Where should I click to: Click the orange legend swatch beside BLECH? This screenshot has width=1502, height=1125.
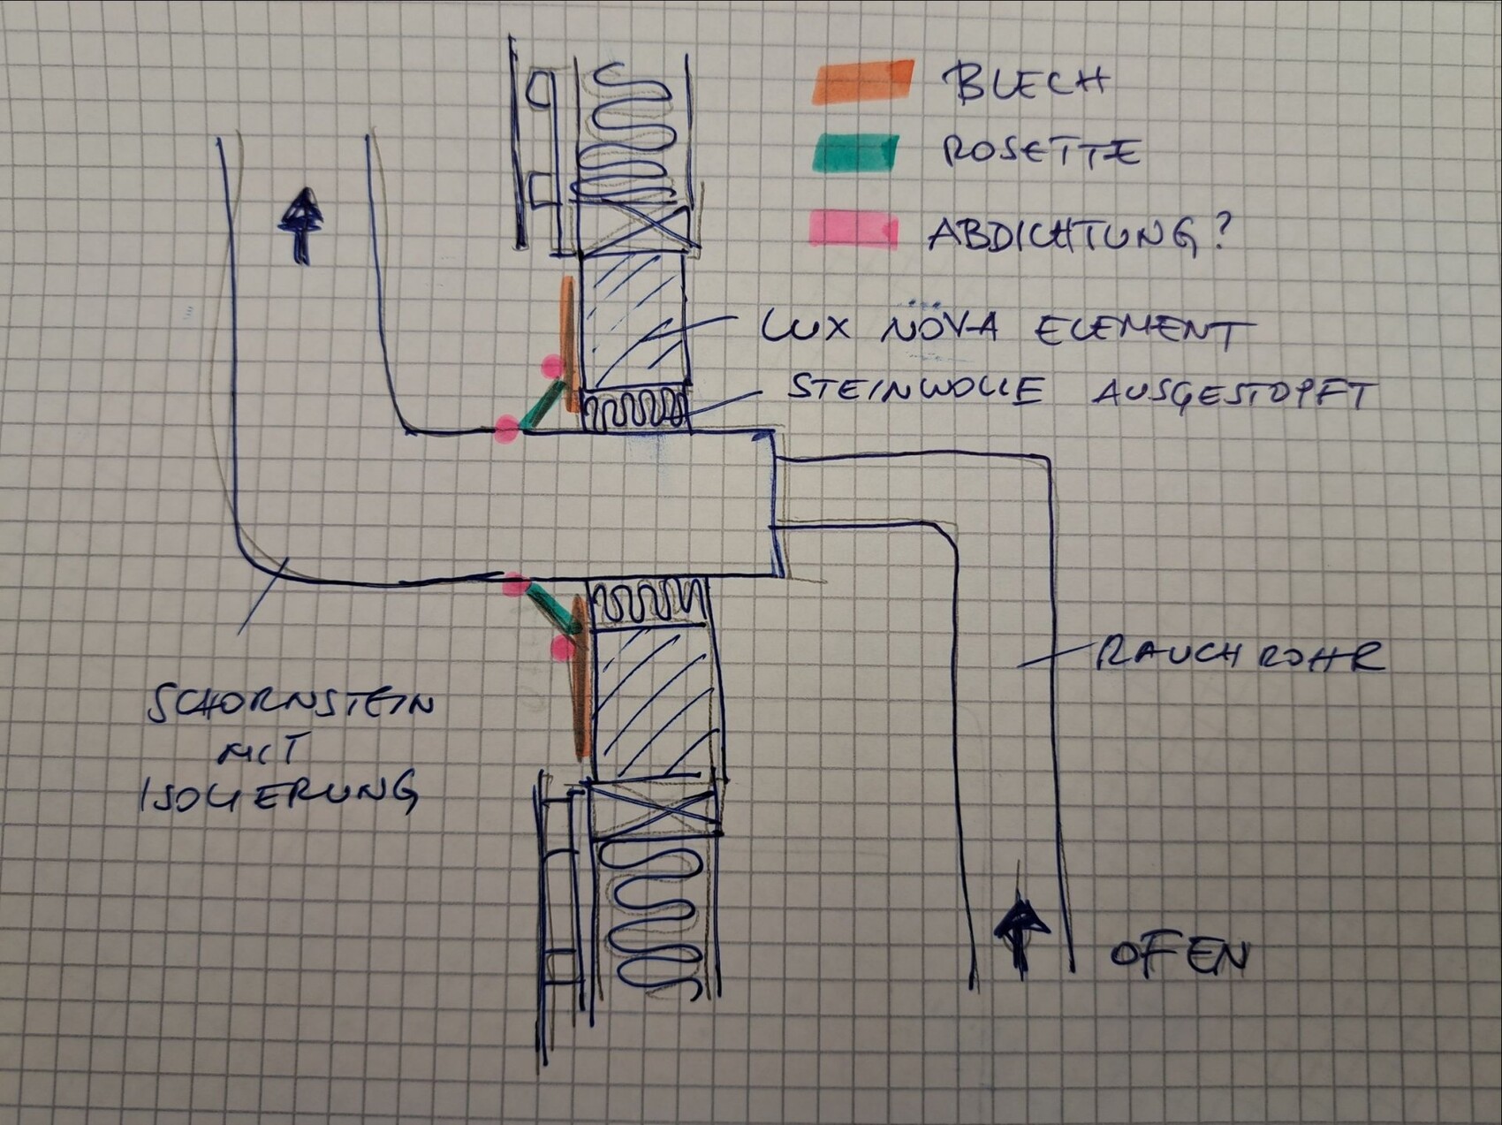point(862,80)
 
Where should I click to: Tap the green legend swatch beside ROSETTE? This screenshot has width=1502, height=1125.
point(855,153)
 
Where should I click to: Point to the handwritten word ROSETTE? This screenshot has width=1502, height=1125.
point(1039,152)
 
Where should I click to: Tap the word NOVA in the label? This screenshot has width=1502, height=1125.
point(939,328)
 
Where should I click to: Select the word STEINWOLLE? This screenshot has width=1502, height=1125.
point(914,389)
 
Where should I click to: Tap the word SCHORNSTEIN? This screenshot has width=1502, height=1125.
point(291,705)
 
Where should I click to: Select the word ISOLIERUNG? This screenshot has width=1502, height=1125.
point(278,792)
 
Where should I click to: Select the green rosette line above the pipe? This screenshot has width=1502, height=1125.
point(541,407)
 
